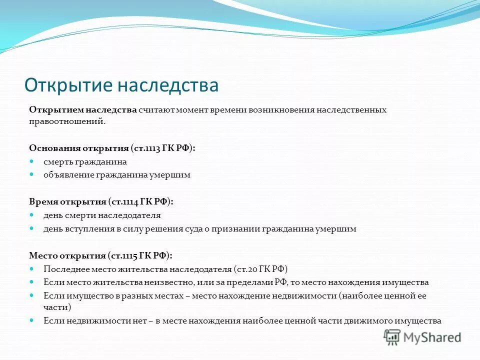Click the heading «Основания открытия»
click(x=78, y=148)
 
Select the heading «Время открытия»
click(x=67, y=202)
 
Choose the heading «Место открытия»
click(x=67, y=255)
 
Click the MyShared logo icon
click(x=392, y=337)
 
